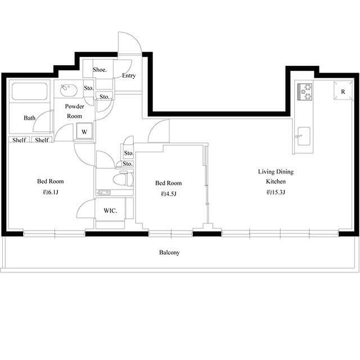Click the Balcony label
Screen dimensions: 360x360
(x=169, y=253)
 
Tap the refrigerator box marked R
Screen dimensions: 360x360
(x=343, y=91)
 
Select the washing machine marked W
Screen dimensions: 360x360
(x=84, y=131)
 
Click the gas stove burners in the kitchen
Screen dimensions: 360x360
(x=305, y=92)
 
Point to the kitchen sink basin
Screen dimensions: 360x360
(x=304, y=136)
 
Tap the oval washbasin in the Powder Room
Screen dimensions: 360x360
(x=69, y=91)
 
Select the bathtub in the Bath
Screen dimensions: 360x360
(x=30, y=91)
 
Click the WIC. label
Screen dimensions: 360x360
(x=110, y=210)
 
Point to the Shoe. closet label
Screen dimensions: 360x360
(x=100, y=70)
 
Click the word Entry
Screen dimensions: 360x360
(x=129, y=75)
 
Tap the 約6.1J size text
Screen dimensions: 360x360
(x=50, y=192)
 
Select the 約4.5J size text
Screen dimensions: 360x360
(x=169, y=193)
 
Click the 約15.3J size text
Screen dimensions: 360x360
(x=276, y=192)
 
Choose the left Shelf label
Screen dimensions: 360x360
(x=19, y=140)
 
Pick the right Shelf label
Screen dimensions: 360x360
(x=42, y=140)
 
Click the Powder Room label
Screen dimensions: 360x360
(x=74, y=111)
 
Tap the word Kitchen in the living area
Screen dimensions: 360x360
(x=276, y=181)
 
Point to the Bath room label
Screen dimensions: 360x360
(x=30, y=118)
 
